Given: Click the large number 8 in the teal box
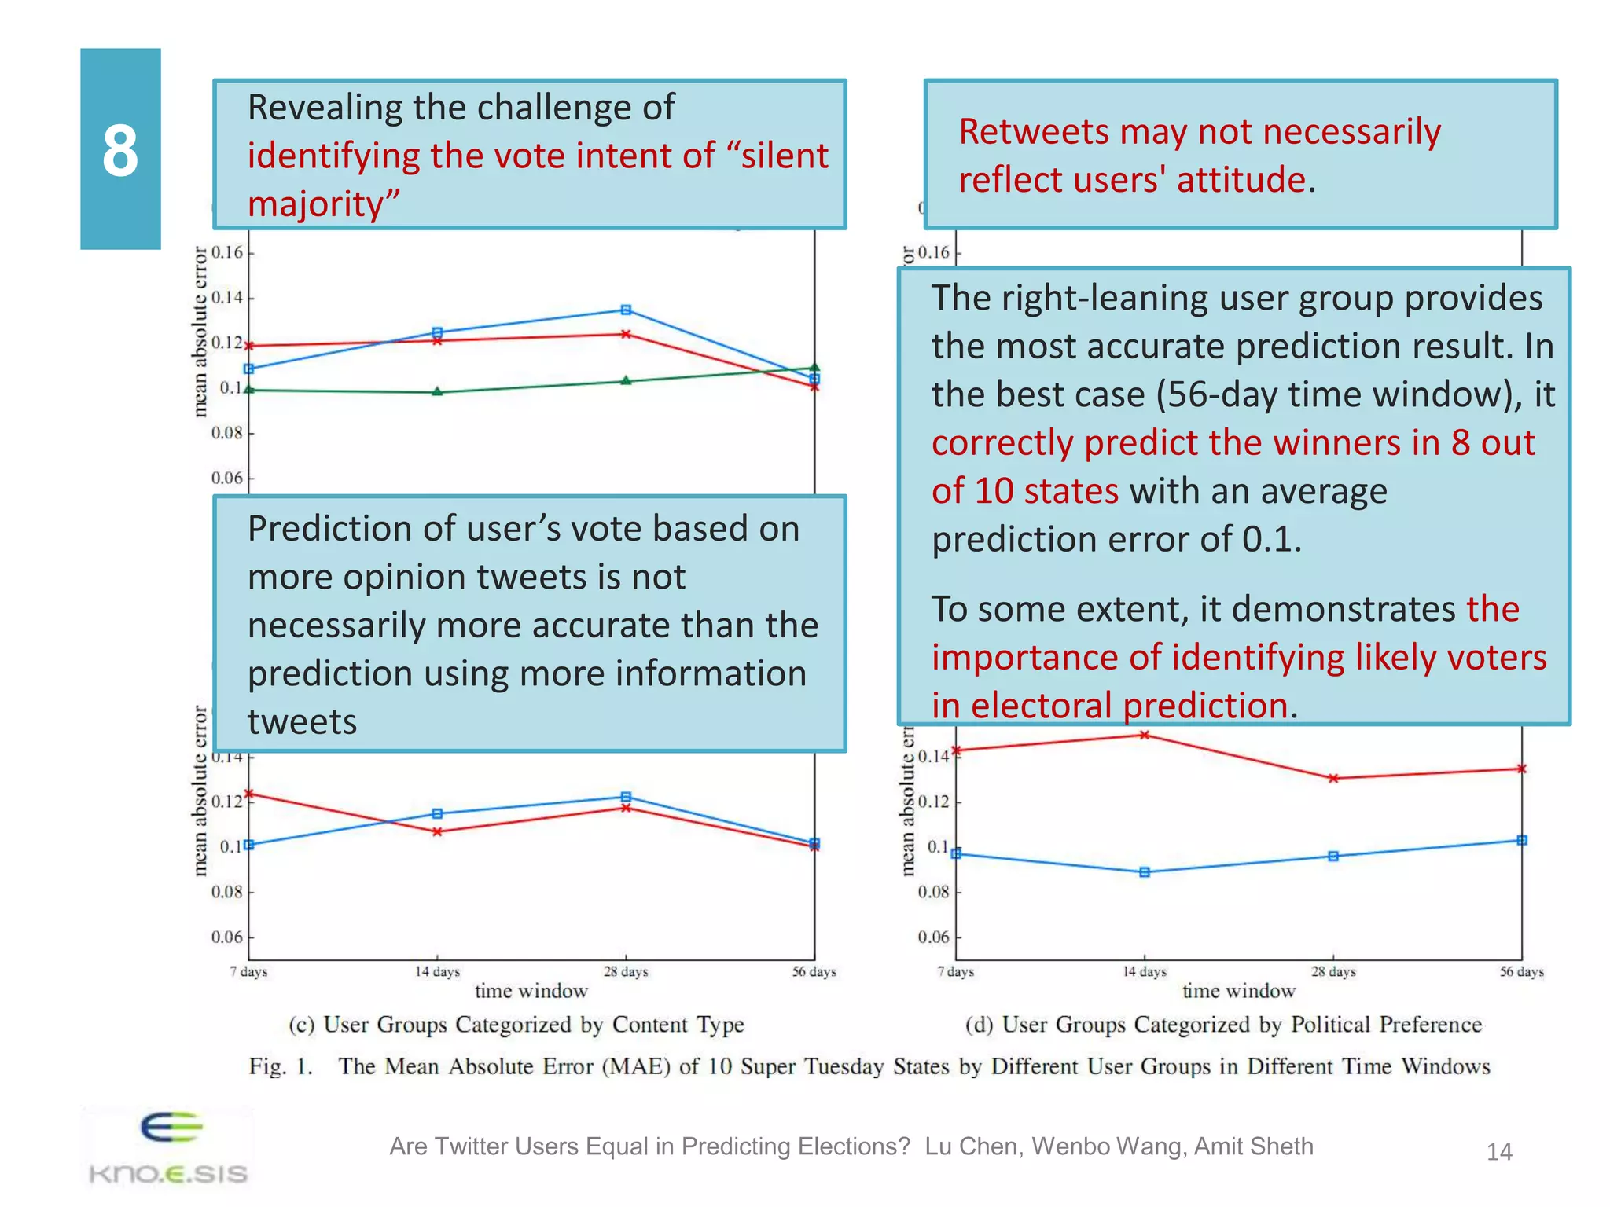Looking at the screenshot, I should [x=120, y=150].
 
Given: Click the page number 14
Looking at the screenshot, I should [x=1498, y=1152].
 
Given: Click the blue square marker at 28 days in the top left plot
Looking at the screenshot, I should [x=626, y=310].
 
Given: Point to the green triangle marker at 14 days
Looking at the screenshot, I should [x=437, y=391].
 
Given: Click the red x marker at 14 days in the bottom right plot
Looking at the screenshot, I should [x=1145, y=735].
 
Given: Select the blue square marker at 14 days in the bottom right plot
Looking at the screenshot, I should [x=1145, y=872].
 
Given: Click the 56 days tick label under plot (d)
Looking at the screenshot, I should [x=1521, y=972].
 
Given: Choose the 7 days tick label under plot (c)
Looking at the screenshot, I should [x=248, y=972].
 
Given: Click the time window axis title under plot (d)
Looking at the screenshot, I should [x=1238, y=991].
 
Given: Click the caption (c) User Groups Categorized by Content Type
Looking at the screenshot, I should [x=516, y=1025].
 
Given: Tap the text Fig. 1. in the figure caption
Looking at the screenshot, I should [x=281, y=1066].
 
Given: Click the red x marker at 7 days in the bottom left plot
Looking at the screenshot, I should [x=249, y=794].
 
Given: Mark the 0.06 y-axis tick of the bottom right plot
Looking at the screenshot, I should [x=933, y=937].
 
